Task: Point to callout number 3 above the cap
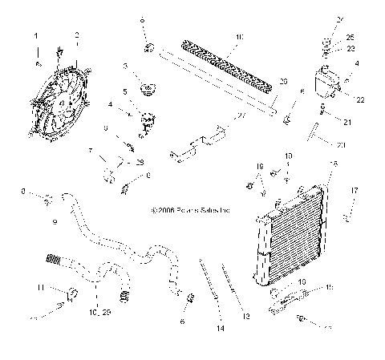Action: click(x=126, y=65)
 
